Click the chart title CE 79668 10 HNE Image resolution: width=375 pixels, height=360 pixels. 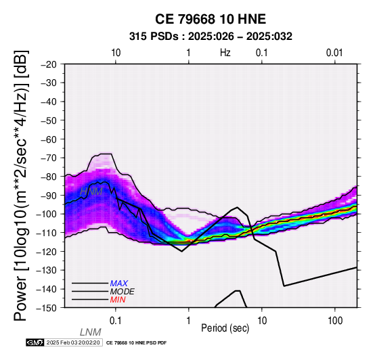tap(211, 19)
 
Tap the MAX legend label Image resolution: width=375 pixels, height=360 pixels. tap(119, 284)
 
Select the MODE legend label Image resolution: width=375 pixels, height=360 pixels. tap(123, 292)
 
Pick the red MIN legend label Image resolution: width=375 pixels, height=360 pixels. tap(118, 300)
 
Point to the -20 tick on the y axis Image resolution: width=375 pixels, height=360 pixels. tap(49, 64)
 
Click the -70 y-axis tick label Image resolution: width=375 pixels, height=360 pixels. tap(49, 158)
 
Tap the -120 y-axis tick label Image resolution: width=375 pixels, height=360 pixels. tap(47, 252)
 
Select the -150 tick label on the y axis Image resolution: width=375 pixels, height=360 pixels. tap(47, 308)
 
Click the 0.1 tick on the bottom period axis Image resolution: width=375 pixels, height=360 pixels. tap(116, 321)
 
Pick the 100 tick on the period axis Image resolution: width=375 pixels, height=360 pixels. tap(335, 321)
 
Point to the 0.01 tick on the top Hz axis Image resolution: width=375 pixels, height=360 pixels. tap(334, 53)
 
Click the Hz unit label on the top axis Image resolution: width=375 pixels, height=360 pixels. tap(225, 53)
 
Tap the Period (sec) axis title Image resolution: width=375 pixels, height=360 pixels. tap(225, 328)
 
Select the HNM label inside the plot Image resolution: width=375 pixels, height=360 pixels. tap(91, 192)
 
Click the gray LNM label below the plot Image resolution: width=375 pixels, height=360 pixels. tap(91, 332)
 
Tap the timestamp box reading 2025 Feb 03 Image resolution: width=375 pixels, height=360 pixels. tap(73, 342)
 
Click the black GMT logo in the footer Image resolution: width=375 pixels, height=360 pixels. tap(35, 342)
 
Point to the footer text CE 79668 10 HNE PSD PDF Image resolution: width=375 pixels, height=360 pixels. tap(136, 343)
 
